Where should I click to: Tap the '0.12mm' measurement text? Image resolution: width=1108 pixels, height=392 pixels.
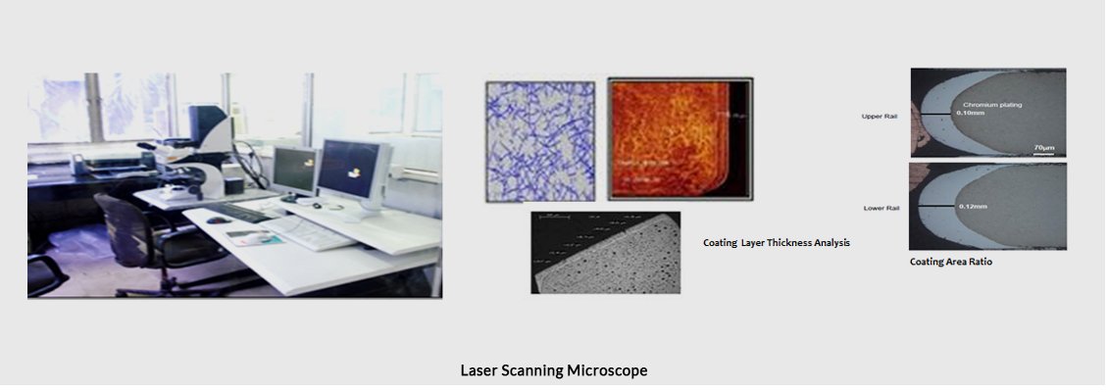971,206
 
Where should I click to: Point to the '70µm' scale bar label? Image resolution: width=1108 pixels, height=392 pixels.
1043,147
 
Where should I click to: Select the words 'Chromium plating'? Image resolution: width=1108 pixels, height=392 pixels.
990,103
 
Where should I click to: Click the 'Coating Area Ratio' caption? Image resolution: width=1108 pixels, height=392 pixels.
950,262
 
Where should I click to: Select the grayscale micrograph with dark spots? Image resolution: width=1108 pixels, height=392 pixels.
605,252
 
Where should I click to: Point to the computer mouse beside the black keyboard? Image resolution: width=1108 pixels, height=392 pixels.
212,220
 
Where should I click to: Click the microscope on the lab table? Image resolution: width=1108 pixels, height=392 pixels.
196,157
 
